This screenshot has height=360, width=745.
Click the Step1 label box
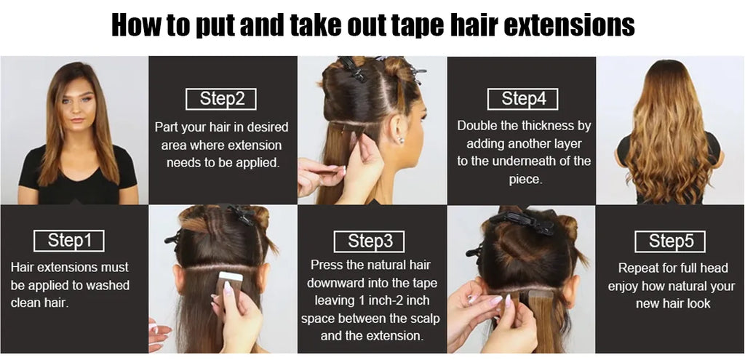(69, 241)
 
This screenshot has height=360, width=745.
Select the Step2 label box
(221, 99)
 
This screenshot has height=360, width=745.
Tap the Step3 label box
(369, 241)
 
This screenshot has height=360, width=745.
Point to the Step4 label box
(522, 99)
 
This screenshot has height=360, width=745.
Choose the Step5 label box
(670, 241)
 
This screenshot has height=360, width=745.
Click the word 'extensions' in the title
(569, 25)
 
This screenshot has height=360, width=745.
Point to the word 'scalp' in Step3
(423, 319)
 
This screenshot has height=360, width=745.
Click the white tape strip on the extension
(231, 276)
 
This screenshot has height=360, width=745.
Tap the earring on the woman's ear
(401, 140)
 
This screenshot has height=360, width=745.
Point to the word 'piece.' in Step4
(525, 180)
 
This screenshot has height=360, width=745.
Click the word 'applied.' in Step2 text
(257, 163)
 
